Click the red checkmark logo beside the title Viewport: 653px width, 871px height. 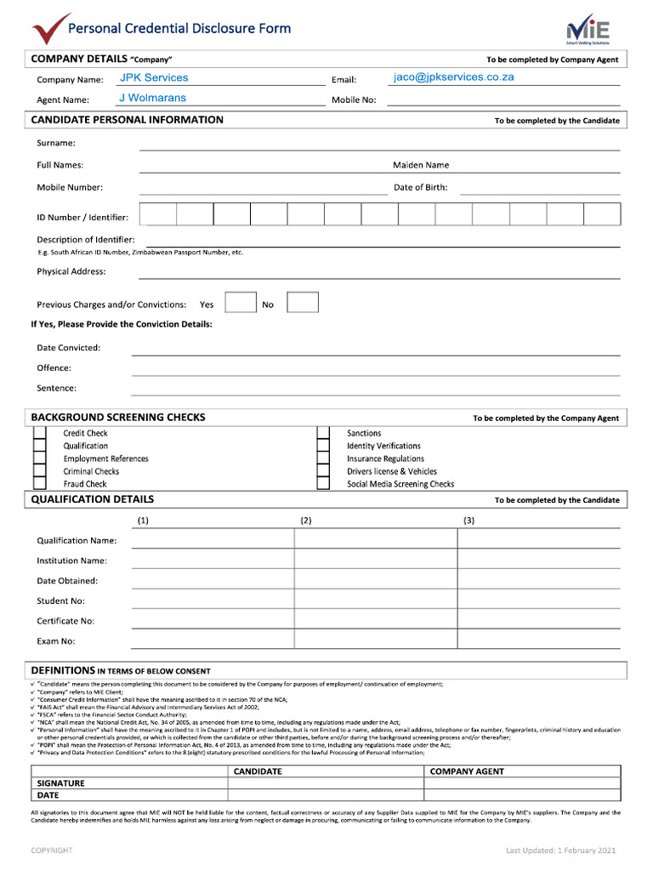point(51,28)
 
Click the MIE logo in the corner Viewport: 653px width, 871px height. point(588,29)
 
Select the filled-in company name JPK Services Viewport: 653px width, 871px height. point(154,77)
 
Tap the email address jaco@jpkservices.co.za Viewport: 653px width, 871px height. point(453,77)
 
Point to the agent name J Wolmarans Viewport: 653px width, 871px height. point(152,98)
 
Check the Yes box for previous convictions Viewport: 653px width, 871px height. point(241,303)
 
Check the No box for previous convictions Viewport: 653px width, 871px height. point(303,303)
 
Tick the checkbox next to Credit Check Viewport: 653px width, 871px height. point(39,433)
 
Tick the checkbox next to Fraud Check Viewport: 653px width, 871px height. point(39,484)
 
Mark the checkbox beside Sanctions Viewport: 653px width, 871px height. point(323,433)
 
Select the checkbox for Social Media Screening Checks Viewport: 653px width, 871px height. point(323,484)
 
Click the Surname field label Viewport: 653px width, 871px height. point(56,143)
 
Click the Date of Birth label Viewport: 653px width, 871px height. point(420,187)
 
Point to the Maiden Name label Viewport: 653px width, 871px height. point(421,165)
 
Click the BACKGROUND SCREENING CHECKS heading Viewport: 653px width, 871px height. point(118,418)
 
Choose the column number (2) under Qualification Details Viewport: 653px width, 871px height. point(306,520)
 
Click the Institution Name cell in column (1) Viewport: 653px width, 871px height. point(213,561)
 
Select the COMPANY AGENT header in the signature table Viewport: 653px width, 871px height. point(467,771)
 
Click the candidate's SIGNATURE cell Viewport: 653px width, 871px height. point(326,783)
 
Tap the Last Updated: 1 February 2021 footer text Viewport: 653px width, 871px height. point(560,850)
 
